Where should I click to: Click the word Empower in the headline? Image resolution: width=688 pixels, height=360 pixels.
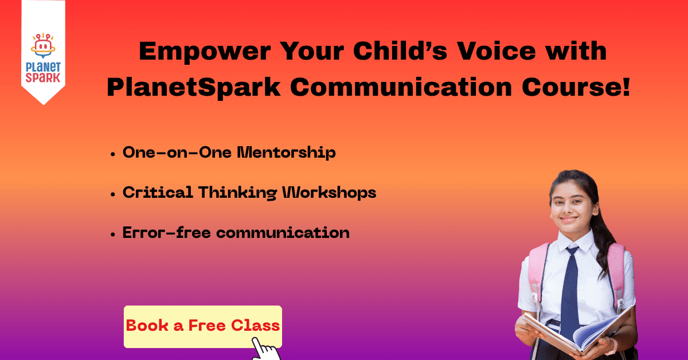pyautogui.click(x=205, y=52)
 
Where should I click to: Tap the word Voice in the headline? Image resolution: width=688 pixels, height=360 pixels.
pyautogui.click(x=497, y=50)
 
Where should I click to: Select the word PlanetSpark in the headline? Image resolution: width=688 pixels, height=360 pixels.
pyautogui.click(x=194, y=87)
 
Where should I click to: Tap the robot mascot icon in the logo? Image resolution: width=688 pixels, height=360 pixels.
pyautogui.click(x=43, y=45)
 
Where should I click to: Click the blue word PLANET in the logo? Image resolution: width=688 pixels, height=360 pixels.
pyautogui.click(x=44, y=67)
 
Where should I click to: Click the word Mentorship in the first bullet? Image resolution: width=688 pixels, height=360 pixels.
pyautogui.click(x=286, y=152)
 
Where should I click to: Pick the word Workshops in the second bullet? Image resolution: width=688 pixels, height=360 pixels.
pyautogui.click(x=329, y=193)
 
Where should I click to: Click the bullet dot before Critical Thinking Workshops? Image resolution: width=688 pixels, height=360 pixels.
pyautogui.click(x=113, y=194)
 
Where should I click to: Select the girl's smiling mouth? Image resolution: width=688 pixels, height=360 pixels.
pyautogui.click(x=569, y=220)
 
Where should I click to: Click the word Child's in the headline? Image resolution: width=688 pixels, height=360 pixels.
pyautogui.click(x=400, y=50)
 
